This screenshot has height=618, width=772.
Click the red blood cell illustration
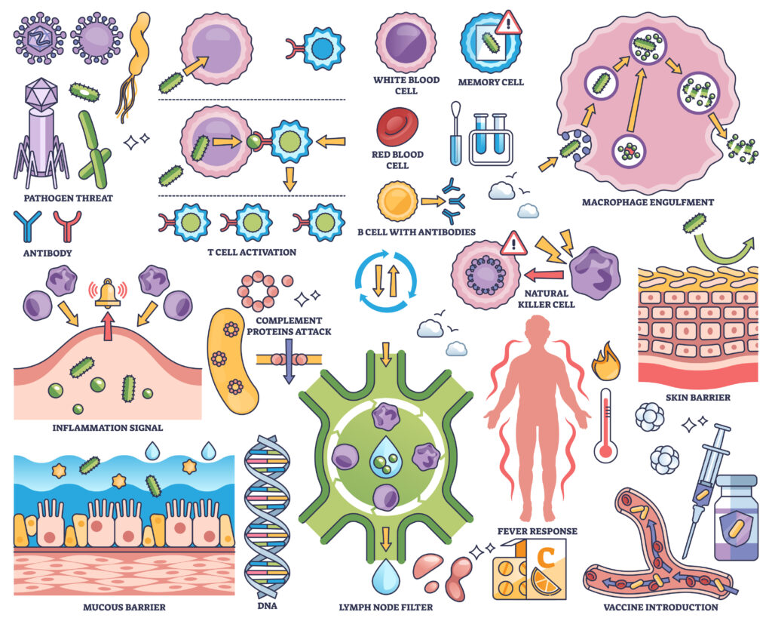click(x=397, y=127)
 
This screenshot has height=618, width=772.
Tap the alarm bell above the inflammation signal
click(x=108, y=293)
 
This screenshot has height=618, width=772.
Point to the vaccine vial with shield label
click(x=736, y=517)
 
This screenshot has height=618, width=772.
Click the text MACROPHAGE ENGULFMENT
click(x=648, y=202)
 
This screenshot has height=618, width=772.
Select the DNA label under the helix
click(x=270, y=607)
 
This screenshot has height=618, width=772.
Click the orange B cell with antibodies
click(x=397, y=201)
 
